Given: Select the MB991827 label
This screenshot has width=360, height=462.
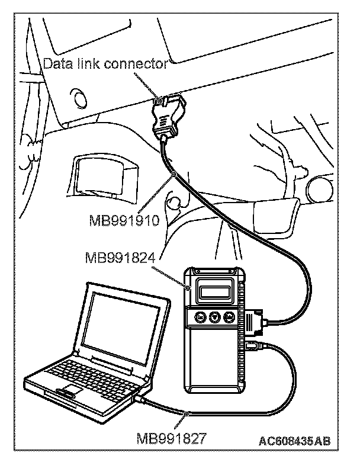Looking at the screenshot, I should click(170, 439).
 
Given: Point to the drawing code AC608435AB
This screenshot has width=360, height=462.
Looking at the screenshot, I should click(294, 441).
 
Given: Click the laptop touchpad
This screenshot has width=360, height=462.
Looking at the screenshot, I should click(70, 389).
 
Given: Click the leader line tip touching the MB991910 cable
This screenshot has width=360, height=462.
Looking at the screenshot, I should click(176, 174).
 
